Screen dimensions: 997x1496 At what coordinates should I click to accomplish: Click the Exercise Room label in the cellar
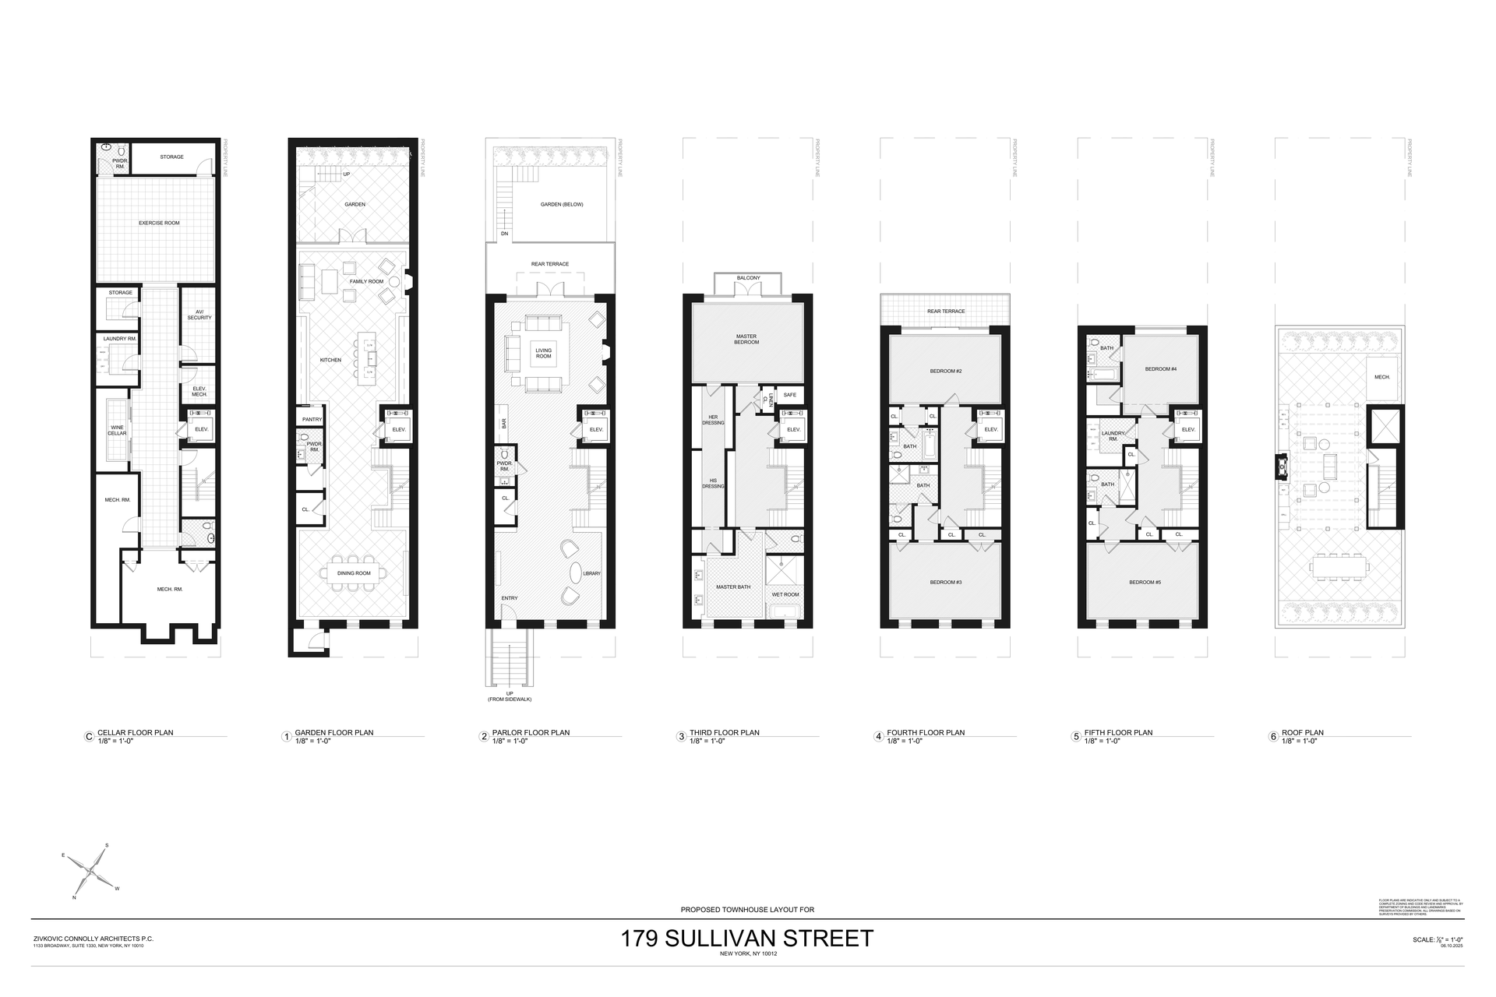click(x=159, y=223)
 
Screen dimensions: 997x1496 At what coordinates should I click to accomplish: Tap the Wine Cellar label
click(x=117, y=430)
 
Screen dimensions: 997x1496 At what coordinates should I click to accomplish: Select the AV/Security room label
click(x=199, y=315)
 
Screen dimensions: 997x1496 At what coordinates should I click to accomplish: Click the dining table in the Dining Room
click(x=353, y=572)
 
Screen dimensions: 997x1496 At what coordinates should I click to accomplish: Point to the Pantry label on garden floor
click(x=312, y=419)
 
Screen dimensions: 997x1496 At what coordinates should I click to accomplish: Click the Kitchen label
click(x=330, y=360)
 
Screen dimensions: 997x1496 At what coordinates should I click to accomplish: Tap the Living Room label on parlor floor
click(x=543, y=353)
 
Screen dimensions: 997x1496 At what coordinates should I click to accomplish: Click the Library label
click(x=591, y=573)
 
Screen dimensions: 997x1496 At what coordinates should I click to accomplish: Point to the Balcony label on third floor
click(x=748, y=278)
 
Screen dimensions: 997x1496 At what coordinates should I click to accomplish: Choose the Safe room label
click(x=789, y=395)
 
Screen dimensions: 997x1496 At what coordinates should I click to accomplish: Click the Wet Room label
click(x=785, y=594)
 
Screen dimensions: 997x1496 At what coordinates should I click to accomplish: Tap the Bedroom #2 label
click(x=945, y=371)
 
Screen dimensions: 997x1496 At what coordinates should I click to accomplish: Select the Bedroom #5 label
click(x=1142, y=582)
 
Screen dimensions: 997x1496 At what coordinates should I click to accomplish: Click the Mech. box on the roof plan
click(x=1381, y=376)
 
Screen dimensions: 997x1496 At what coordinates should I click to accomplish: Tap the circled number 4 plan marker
click(x=879, y=736)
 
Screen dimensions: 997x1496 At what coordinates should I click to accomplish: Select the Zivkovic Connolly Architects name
click(x=93, y=939)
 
